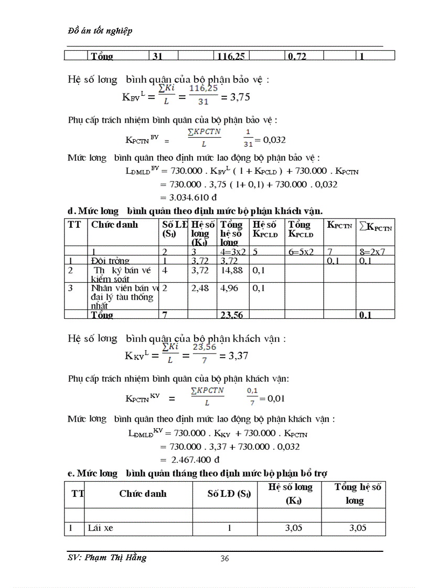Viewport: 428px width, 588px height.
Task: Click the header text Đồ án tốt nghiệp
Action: pos(100,31)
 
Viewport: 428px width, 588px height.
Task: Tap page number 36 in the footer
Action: pos(224,559)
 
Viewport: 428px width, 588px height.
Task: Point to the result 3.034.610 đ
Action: pos(189,197)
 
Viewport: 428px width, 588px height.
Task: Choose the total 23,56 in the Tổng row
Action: pos(230,315)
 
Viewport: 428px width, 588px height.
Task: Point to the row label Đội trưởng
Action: pos(110,261)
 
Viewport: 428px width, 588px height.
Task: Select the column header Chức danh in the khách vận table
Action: pos(114,225)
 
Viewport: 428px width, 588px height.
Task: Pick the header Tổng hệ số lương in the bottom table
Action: pos(358,494)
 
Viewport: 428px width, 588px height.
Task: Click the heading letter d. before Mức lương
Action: pos(72,210)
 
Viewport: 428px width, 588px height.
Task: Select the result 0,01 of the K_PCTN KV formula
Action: pos(275,399)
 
